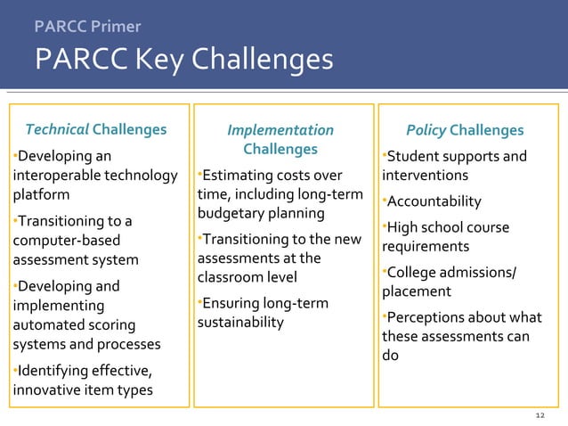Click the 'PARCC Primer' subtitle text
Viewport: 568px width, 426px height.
[86, 27]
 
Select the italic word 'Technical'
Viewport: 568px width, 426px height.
[57, 131]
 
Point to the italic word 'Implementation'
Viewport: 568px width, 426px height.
[280, 131]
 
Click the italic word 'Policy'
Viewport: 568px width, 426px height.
[426, 131]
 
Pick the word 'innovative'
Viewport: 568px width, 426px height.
[47, 390]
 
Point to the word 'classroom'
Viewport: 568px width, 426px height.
[231, 278]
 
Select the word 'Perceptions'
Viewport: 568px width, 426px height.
[426, 317]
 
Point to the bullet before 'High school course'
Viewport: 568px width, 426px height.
[384, 225]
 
